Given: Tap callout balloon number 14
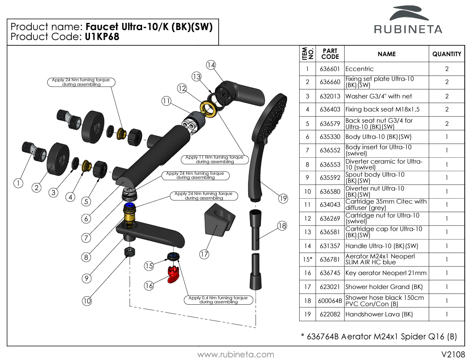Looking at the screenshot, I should [211, 65].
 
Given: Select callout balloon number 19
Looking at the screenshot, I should [283, 198].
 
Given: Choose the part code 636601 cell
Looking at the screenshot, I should [330, 69].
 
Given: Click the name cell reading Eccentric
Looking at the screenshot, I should [359, 69].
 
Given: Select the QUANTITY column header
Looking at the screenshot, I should [446, 54].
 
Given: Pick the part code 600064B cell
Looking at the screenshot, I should [330, 301].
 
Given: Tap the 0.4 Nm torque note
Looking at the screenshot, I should [218, 300].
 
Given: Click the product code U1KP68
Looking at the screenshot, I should [102, 37].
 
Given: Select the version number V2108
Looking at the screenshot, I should [453, 354].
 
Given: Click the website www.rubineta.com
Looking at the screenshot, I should [236, 355].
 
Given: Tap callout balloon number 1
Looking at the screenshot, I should [18, 183].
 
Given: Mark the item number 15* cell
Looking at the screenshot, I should [307, 259].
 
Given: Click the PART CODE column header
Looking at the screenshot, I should [330, 54].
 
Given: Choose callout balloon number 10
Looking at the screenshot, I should [87, 301].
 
